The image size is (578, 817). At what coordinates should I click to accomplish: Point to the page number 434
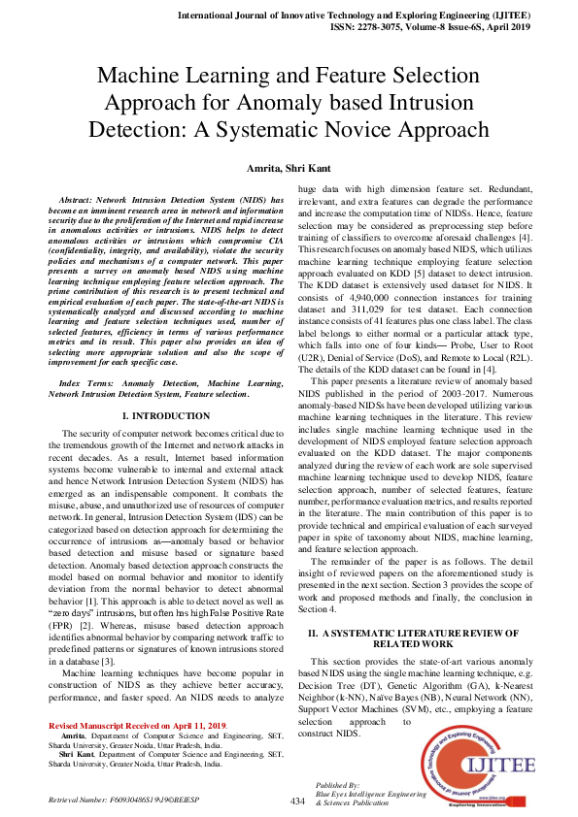coord(299,801)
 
